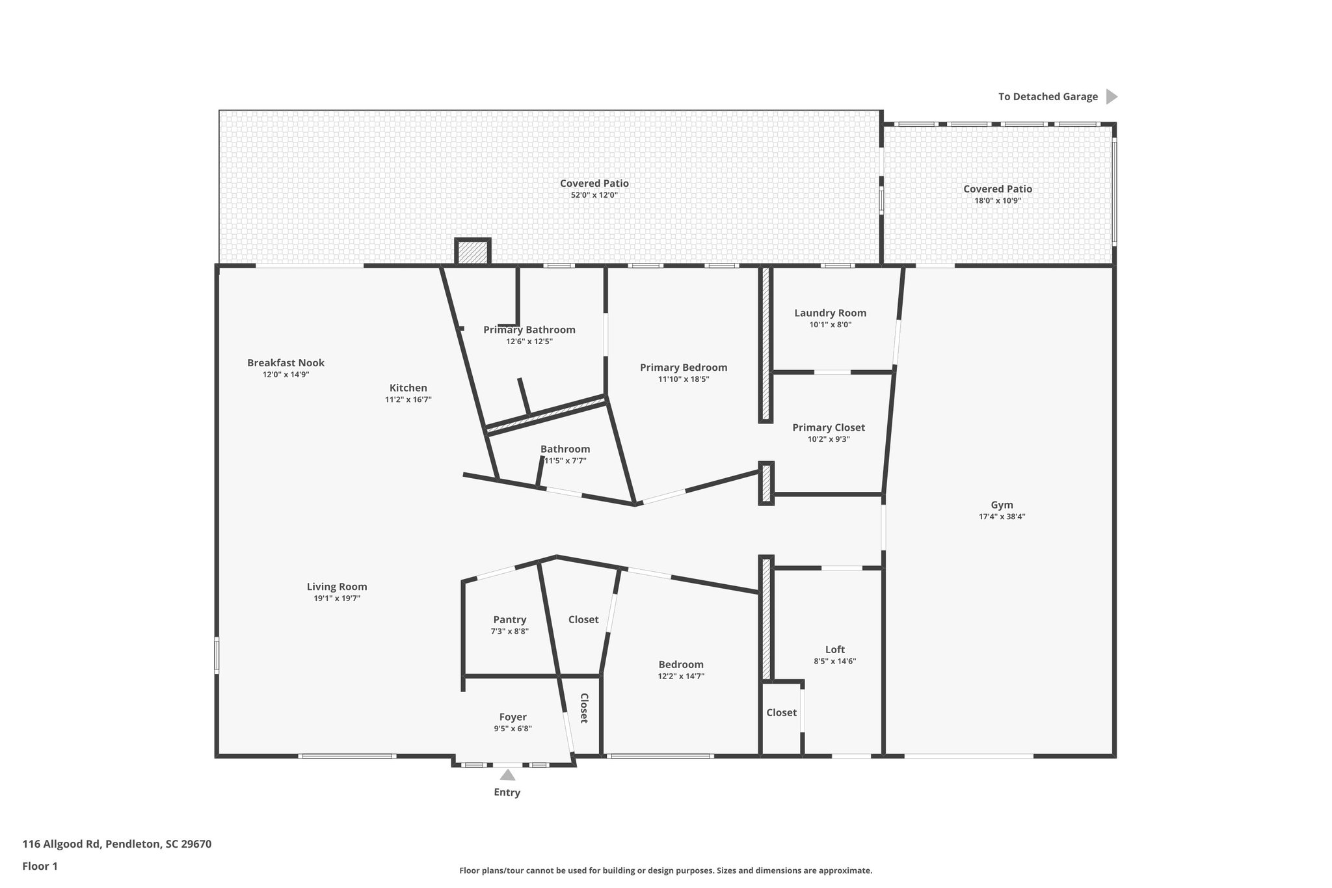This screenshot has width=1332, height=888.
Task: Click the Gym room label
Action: [x=1002, y=505]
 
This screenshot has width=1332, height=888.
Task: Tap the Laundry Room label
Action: [x=830, y=313]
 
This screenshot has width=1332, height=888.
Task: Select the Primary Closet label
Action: [x=828, y=427]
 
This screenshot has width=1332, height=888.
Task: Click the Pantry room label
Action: [x=509, y=619]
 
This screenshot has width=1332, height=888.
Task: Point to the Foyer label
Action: [x=513, y=717]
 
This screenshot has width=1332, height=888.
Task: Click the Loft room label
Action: [x=834, y=649]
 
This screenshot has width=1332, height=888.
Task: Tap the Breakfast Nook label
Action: [x=286, y=363]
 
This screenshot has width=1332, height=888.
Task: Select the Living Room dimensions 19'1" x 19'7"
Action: [x=336, y=599]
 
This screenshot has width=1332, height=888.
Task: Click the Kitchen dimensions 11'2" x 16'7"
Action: [x=408, y=400]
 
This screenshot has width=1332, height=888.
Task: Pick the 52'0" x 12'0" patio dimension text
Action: [x=594, y=195]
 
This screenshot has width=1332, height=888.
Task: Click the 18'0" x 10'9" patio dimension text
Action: [x=997, y=201]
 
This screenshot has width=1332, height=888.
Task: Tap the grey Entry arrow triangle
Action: [x=507, y=775]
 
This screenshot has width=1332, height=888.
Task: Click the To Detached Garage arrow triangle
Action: [x=1112, y=97]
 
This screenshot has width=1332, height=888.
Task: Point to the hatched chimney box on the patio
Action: [x=472, y=252]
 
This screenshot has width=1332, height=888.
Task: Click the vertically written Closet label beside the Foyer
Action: [x=584, y=708]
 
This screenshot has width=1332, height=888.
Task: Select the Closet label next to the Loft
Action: [x=780, y=712]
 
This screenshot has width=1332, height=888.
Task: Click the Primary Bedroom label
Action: [x=683, y=368]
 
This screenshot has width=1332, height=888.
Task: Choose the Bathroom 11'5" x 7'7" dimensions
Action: [x=565, y=461]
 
